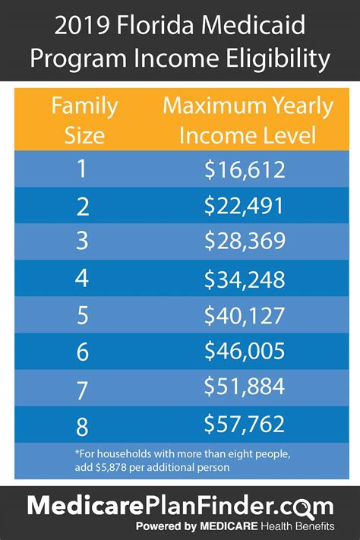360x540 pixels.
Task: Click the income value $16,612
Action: click(245, 169)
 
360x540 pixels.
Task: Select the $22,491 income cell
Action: click(245, 206)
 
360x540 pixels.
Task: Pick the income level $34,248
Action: click(245, 279)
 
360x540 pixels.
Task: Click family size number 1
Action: click(81, 169)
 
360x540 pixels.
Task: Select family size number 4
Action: click(81, 279)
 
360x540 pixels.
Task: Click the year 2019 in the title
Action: click(82, 28)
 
